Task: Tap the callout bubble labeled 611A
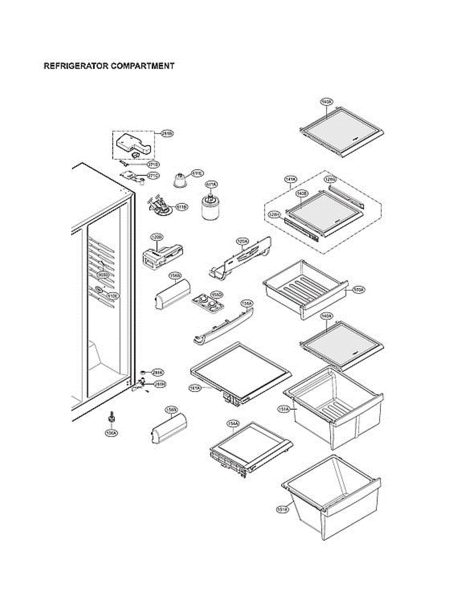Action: [x=211, y=184]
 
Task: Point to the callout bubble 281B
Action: [x=167, y=133]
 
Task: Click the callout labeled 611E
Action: [x=198, y=173]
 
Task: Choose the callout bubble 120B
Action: [x=157, y=238]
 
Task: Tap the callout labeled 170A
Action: [x=358, y=290]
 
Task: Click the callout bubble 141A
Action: [x=291, y=180]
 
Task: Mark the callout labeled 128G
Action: [x=330, y=180]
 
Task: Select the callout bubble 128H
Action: [x=274, y=214]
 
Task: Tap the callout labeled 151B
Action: [x=282, y=509]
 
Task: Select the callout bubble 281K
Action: [x=158, y=372]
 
